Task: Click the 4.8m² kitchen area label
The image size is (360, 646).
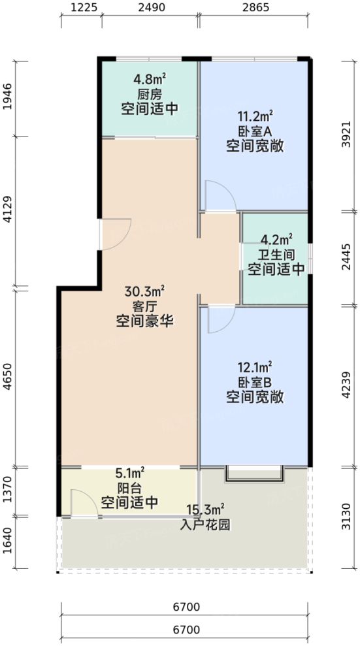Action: (x=147, y=80)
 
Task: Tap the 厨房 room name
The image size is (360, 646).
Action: (x=147, y=94)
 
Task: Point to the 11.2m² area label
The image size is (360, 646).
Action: (x=255, y=116)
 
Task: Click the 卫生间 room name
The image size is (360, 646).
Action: (x=276, y=254)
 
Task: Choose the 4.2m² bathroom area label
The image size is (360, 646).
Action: (x=276, y=239)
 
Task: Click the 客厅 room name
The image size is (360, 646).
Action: (x=146, y=306)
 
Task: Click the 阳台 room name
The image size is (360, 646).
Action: (x=129, y=488)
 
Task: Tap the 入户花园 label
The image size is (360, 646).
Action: (x=205, y=523)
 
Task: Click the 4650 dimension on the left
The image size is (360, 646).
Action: (x=8, y=378)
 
